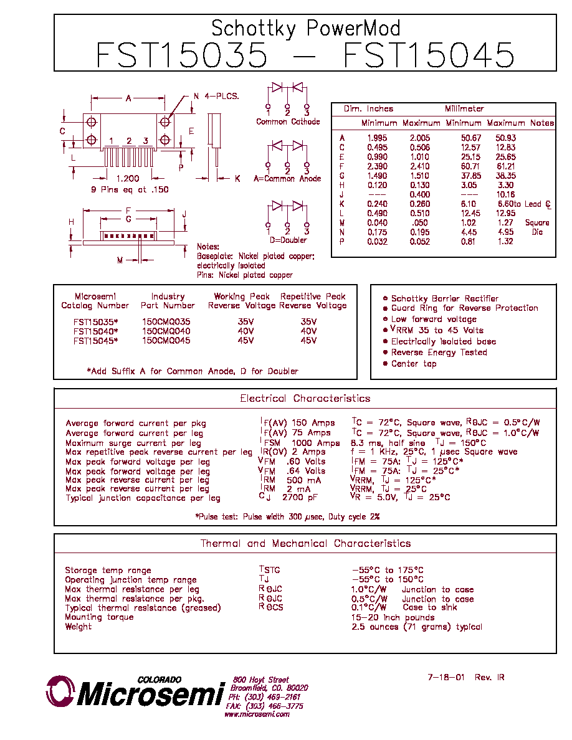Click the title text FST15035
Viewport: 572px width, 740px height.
click(182, 55)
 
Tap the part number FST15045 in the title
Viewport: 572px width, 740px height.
click(429, 55)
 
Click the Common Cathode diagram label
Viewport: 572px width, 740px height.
click(288, 121)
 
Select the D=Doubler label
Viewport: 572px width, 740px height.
click(288, 240)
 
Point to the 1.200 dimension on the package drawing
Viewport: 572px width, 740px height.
click(128, 178)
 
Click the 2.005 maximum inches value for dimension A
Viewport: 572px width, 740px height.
click(419, 138)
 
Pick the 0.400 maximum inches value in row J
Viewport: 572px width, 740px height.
click(419, 194)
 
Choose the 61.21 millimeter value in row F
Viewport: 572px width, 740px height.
click(505, 166)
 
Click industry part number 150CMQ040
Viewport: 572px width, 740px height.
click(166, 331)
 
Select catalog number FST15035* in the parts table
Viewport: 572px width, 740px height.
click(96, 322)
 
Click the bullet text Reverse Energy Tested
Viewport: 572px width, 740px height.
click(439, 353)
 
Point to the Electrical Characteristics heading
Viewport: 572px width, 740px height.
click(305, 398)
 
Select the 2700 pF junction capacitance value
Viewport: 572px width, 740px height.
click(300, 498)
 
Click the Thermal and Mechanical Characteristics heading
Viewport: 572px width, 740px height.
click(305, 543)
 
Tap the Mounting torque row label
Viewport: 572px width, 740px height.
click(99, 617)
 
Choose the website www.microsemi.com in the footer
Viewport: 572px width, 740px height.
click(257, 714)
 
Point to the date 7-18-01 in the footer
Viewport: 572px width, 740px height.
click(446, 677)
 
